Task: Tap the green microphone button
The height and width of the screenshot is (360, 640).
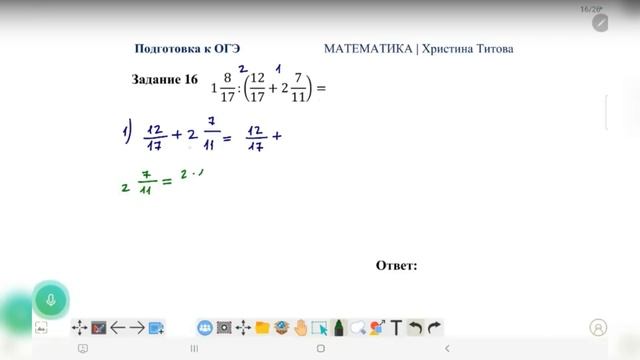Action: coord(50,300)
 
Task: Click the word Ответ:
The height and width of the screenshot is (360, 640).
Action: coord(396,265)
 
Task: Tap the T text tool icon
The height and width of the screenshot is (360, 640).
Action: coord(396,327)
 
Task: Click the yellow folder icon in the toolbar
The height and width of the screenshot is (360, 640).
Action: coord(262,327)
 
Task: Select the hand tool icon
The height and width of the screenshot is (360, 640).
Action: coord(301,327)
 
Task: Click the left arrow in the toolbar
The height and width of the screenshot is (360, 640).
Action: coord(118,327)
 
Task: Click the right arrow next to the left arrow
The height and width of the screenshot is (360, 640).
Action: coord(137,327)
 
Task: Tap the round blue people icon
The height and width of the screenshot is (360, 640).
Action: coord(205,327)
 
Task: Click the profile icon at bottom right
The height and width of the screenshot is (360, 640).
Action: coord(599,327)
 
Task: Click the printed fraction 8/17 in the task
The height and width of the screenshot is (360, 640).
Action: coord(229,88)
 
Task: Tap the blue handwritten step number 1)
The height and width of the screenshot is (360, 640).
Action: coord(121,131)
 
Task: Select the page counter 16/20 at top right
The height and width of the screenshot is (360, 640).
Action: coord(590,9)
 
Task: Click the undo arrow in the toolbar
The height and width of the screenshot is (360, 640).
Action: coord(415,327)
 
